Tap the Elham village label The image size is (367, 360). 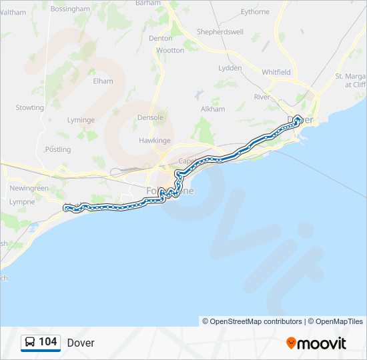[x=103, y=81]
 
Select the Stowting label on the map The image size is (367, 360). [x=30, y=107]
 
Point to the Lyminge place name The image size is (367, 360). [x=81, y=120]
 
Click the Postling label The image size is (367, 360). [x=58, y=149]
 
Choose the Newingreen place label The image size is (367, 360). [x=29, y=188]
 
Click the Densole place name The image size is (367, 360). [x=150, y=117]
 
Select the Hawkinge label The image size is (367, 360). [x=155, y=141]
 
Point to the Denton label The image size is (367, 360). [x=161, y=39]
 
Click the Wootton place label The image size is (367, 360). [x=169, y=50]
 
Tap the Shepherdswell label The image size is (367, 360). [x=220, y=32]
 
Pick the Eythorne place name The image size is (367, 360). [x=255, y=12]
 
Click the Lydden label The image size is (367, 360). [x=230, y=68]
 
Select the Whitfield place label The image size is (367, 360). [x=276, y=72]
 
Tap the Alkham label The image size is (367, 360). [x=213, y=109]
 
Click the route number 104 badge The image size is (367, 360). [x=41, y=342]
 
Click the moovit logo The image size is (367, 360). [x=316, y=343]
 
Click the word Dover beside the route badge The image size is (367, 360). [x=81, y=343]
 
